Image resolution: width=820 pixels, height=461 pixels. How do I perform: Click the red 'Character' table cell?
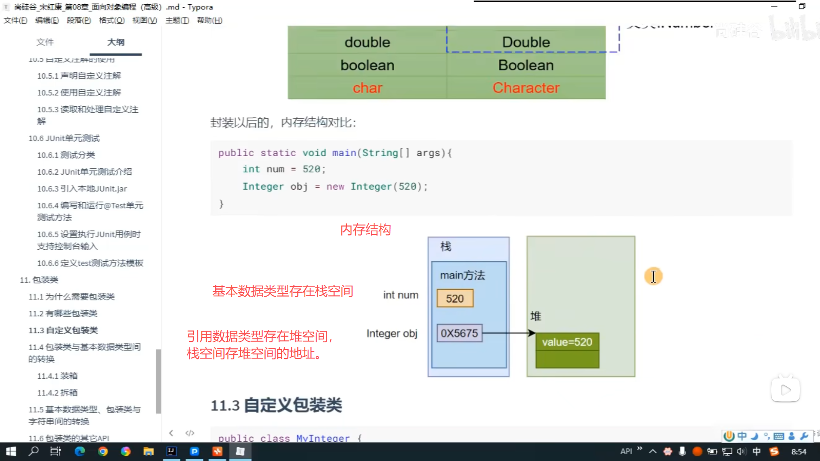pos(526,88)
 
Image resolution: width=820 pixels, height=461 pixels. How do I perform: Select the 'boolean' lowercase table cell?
pos(367,65)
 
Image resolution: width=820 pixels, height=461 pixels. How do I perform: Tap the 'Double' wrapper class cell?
pos(526,42)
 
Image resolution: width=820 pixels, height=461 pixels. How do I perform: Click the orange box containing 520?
pos(455,298)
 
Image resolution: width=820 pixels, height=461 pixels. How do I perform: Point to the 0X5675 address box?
pos(459,333)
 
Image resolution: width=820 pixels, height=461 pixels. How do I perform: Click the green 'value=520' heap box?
pos(567,342)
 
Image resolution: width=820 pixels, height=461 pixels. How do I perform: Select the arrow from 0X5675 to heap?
pos(508,333)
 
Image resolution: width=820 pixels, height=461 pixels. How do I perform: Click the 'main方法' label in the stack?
pos(463,275)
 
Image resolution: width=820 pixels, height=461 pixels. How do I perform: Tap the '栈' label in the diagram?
pos(446,246)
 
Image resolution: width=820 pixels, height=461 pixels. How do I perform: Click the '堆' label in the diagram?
pos(536,316)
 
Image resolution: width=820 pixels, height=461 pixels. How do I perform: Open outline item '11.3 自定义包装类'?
pos(63,330)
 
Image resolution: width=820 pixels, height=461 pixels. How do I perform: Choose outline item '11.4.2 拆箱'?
pos(57,393)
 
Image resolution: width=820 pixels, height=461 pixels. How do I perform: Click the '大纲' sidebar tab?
pos(116,42)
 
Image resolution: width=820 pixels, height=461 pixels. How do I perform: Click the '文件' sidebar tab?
pos(45,42)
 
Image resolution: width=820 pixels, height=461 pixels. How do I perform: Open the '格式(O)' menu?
pos(111,20)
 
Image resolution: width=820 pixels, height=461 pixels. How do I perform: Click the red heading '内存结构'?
pos(366,230)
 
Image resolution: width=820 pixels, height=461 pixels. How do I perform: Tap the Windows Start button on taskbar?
pos(11,451)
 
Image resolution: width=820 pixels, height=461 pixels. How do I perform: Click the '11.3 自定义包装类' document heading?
pos(276,405)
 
